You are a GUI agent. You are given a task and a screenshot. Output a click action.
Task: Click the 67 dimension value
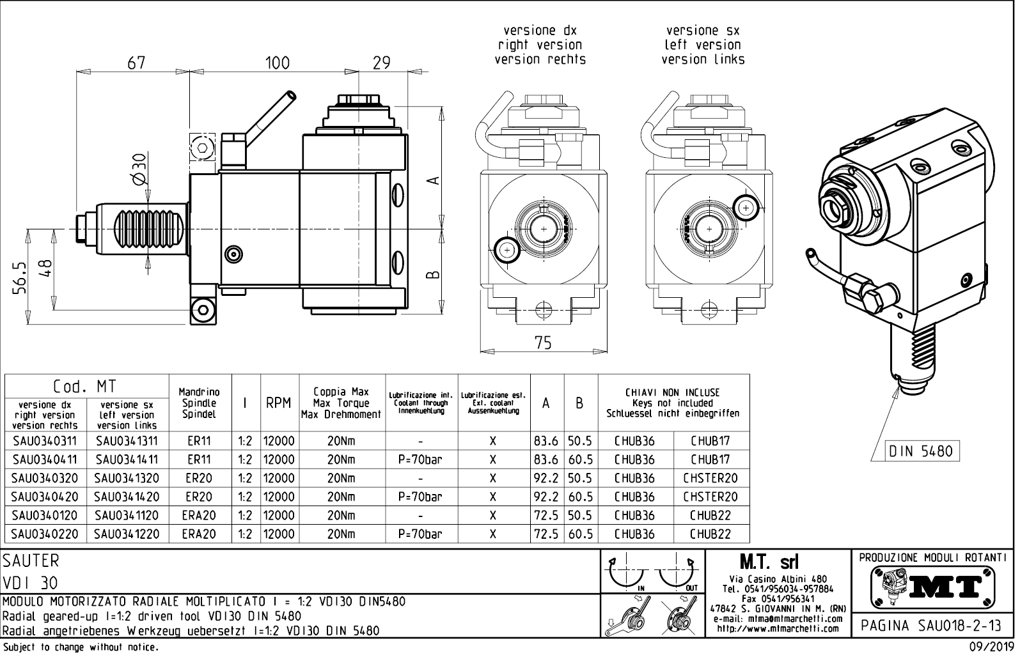tap(136, 63)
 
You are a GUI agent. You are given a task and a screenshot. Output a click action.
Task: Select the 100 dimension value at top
tap(277, 63)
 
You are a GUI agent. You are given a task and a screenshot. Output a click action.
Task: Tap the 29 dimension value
tap(381, 63)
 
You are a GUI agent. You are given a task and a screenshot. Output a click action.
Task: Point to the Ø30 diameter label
tap(140, 170)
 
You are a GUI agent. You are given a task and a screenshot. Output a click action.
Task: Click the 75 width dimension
tap(543, 343)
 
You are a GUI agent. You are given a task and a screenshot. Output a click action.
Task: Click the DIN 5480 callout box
tap(921, 451)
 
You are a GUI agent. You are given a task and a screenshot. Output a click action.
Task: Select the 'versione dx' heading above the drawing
tap(540, 30)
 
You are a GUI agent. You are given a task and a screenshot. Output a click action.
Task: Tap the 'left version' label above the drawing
tap(702, 45)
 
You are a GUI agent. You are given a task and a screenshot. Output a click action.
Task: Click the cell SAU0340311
tap(44, 441)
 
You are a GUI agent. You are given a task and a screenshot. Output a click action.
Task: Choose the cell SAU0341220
tap(127, 534)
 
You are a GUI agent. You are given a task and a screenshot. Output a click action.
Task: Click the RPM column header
tap(279, 403)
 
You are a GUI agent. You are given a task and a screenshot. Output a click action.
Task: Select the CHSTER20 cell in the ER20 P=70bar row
tap(710, 497)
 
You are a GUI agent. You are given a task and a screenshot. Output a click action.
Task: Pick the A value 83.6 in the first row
tap(546, 441)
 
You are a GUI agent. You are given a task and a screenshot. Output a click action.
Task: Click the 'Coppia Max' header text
tap(341, 392)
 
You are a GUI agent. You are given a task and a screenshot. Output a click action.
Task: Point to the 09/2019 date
tap(992, 647)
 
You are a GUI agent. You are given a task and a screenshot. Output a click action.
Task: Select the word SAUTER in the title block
tap(31, 560)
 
